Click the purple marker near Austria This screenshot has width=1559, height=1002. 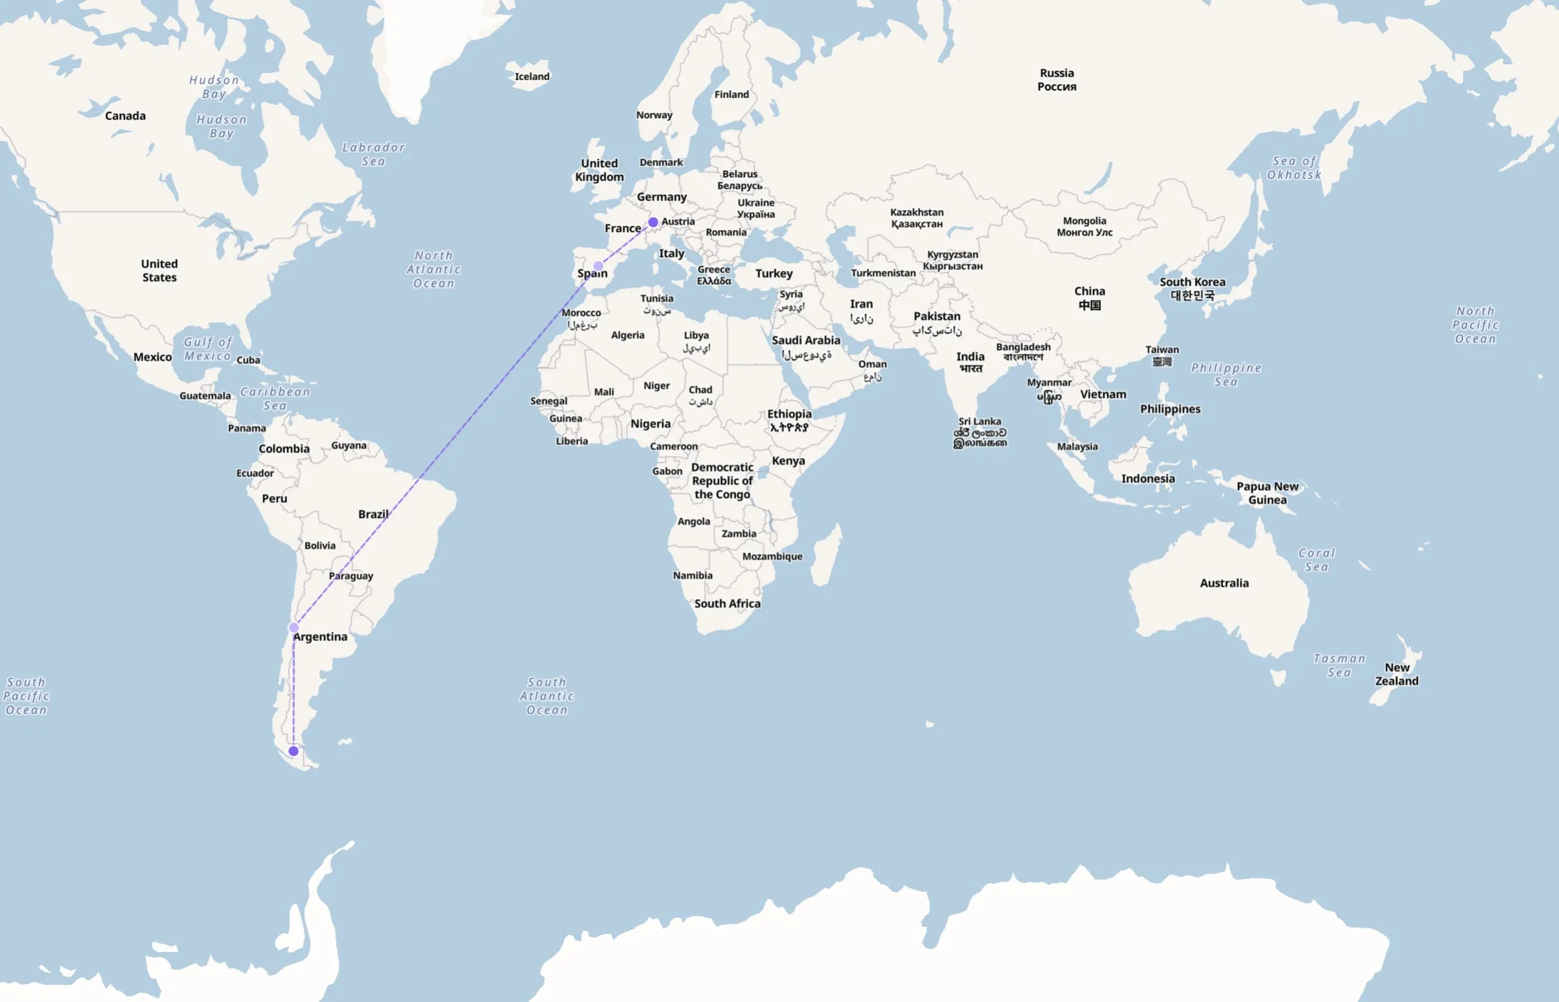(653, 222)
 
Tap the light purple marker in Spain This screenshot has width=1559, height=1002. (598, 266)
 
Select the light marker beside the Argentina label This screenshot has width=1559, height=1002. (293, 628)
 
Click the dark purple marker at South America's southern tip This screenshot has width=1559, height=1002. (293, 751)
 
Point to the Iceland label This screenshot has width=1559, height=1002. (532, 76)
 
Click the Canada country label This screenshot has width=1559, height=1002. (125, 116)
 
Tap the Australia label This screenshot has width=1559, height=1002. (1224, 583)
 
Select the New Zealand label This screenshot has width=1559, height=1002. (1397, 674)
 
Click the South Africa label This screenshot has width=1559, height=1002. (727, 604)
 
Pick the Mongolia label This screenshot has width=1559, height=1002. (1084, 227)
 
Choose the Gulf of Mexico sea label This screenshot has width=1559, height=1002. (207, 349)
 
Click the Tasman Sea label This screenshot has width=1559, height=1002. (1339, 665)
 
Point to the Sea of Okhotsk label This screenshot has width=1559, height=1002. (1294, 168)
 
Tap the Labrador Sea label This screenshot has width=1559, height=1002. (373, 154)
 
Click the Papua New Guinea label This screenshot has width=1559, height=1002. (1267, 493)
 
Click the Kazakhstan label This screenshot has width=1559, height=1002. (916, 218)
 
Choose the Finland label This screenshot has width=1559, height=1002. (731, 94)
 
